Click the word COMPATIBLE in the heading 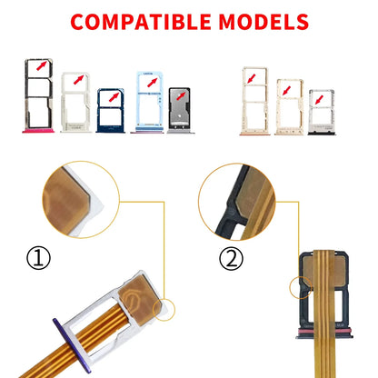(x=141, y=22)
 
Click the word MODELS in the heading (x=264, y=22)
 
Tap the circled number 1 (x=38, y=258)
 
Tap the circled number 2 (x=231, y=258)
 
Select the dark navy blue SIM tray (x=110, y=111)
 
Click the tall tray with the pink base (x=38, y=96)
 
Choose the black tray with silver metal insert (x=180, y=111)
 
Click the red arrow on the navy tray (x=114, y=97)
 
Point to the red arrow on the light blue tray (x=153, y=83)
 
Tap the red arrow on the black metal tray (x=181, y=96)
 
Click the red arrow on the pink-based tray (x=42, y=65)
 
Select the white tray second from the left (x=75, y=102)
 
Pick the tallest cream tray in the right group (x=254, y=101)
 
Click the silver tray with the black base (x=322, y=112)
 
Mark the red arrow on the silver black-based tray (x=319, y=100)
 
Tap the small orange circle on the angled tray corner (x=164, y=309)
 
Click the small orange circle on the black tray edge (x=301, y=287)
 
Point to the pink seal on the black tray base (x=324, y=331)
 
